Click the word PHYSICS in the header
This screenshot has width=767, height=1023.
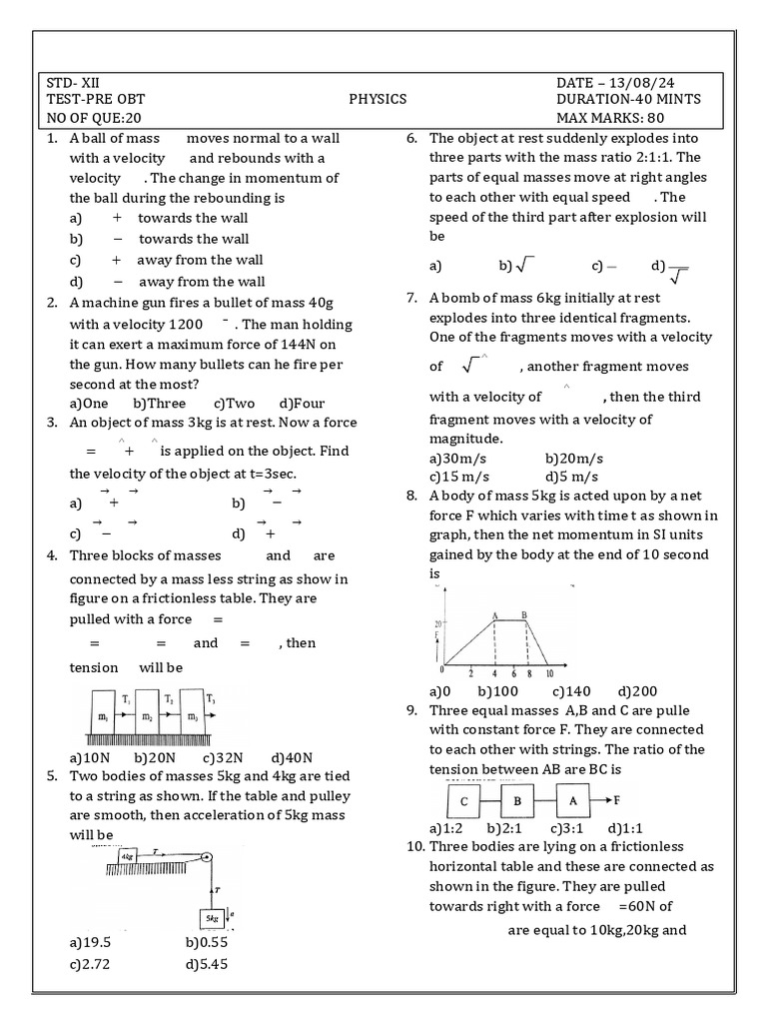378,99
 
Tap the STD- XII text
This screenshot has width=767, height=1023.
73,82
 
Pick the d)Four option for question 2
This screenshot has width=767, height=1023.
300,404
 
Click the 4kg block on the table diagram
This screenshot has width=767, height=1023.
127,856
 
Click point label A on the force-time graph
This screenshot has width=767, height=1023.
494,615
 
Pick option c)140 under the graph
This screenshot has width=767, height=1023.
571,691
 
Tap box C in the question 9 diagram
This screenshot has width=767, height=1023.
463,801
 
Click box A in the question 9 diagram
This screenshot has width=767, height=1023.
573,801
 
